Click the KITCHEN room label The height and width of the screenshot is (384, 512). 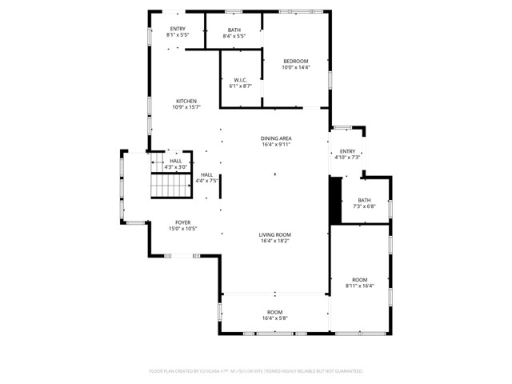186,101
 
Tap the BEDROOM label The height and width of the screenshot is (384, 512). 295,62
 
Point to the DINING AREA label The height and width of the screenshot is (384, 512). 275,138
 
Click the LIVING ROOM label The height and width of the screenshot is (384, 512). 274,234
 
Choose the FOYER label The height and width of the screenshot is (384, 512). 183,222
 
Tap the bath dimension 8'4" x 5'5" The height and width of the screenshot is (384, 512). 234,36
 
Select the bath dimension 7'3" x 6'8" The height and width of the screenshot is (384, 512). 364,206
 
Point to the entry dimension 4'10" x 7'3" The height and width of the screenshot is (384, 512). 347,157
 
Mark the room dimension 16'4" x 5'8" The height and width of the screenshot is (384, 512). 274,318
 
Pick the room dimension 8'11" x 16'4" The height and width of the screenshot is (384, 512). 360,286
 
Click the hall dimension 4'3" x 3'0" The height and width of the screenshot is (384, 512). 175,166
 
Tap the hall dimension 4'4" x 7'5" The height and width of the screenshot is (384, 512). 206,181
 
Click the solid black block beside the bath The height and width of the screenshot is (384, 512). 335,200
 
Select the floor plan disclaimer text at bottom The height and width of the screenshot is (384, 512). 256,371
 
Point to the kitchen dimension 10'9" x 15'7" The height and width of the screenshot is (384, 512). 186,107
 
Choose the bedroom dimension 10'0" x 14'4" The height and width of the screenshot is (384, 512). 295,68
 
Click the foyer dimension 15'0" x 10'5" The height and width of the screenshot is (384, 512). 183,229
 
